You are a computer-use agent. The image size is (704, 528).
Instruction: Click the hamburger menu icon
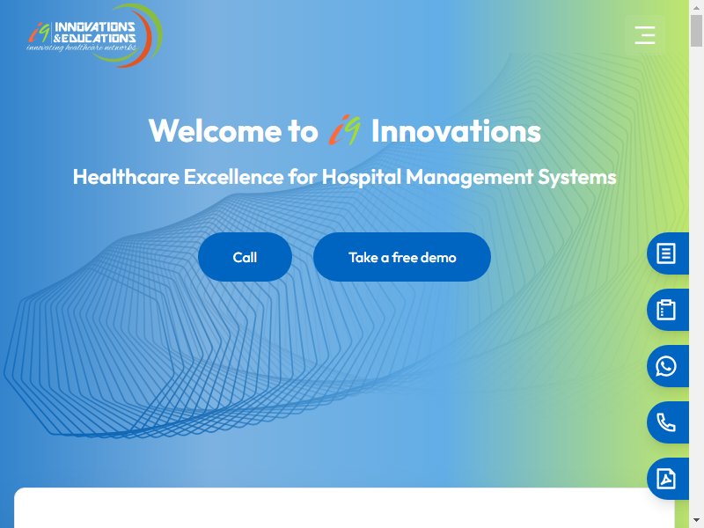645,35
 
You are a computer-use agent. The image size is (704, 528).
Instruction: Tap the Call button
245,257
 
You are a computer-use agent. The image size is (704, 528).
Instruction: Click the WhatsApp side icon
667,366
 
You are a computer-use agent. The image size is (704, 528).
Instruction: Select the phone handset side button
667,422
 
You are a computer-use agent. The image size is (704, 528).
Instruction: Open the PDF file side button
667,479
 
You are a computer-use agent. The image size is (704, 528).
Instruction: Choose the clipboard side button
667,310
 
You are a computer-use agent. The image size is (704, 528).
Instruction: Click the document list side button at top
667,253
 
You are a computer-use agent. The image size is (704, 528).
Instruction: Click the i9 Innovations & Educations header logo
94,35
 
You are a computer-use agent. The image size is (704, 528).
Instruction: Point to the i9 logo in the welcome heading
344,129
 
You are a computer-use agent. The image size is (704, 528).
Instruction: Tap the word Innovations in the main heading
456,131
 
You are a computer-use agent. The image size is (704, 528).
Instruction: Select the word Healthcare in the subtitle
126,177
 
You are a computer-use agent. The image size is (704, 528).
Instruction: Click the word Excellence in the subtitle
233,177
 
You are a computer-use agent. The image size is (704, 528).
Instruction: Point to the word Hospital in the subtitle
361,178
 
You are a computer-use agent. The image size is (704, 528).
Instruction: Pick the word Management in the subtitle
470,178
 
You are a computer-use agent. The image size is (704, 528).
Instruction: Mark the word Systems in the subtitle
577,178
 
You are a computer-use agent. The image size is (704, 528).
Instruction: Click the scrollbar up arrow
696,8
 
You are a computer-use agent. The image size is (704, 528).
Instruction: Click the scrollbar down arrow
696,521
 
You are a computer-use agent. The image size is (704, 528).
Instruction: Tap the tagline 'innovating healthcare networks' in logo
82,48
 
